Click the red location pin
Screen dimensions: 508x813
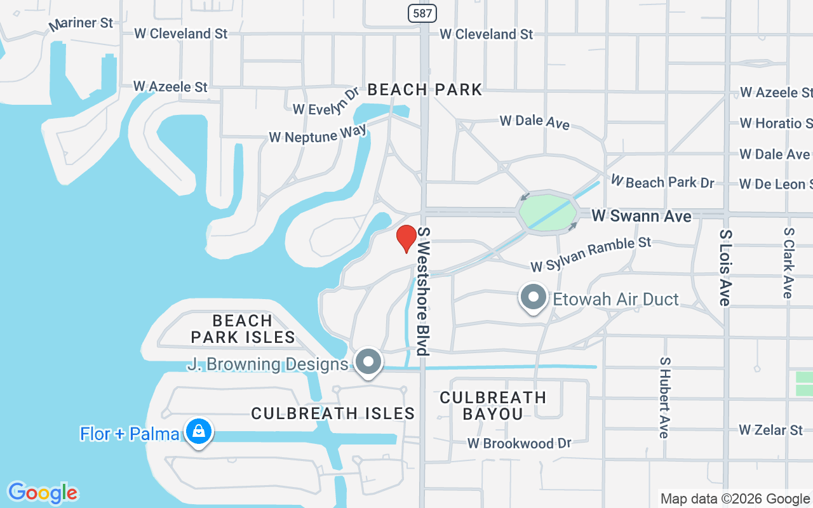(x=406, y=238)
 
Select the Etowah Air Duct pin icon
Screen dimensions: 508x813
(x=534, y=297)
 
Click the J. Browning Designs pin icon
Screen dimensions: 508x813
(x=368, y=363)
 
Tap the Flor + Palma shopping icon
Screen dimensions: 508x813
(x=199, y=432)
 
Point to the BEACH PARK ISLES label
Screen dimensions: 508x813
(x=243, y=329)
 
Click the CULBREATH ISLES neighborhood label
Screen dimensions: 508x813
(x=333, y=413)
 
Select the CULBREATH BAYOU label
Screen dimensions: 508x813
(x=493, y=406)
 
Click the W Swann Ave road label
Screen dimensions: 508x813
(x=642, y=217)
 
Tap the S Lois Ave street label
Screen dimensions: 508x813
(x=725, y=267)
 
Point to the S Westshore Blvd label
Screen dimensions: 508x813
(x=423, y=291)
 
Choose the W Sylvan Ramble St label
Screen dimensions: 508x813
(x=591, y=253)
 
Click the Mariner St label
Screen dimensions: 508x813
(x=81, y=24)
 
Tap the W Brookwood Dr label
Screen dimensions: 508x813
(x=520, y=443)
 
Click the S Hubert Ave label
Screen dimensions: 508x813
(x=664, y=397)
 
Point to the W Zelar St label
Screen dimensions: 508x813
(x=771, y=430)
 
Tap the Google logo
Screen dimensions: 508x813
(x=43, y=493)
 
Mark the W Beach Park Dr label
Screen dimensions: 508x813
(x=662, y=182)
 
